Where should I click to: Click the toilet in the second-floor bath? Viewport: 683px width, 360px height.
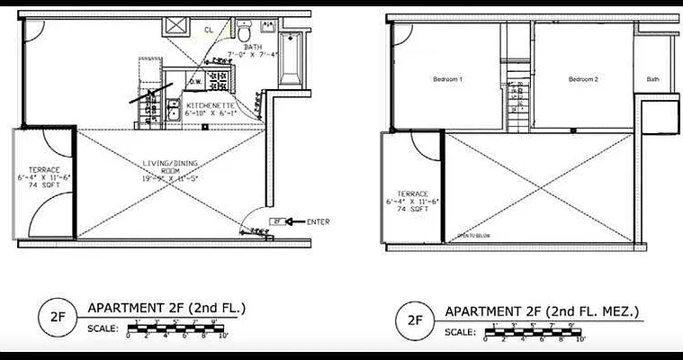pyautogui.click(x=245, y=33)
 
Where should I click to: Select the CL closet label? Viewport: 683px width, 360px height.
pyautogui.click(x=208, y=31)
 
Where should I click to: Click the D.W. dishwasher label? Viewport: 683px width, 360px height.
pyautogui.click(x=195, y=82)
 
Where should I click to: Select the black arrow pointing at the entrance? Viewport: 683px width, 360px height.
pyautogui.click(x=295, y=221)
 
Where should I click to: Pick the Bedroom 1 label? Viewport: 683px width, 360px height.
pyautogui.click(x=447, y=79)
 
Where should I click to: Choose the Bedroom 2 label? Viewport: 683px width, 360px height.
pyautogui.click(x=583, y=79)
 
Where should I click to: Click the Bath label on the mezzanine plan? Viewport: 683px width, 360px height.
pyautogui.click(x=652, y=79)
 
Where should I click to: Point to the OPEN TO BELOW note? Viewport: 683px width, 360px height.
pyautogui.click(x=473, y=236)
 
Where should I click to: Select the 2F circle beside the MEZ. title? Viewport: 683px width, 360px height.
pyautogui.click(x=414, y=319)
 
